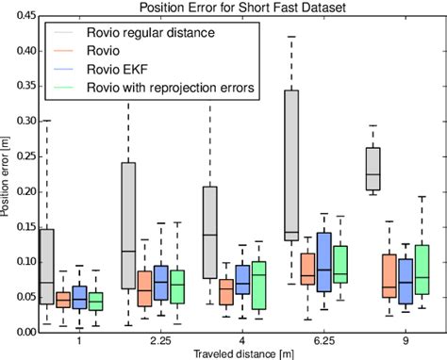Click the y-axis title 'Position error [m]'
(8, 174)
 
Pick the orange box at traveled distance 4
(226, 292)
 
